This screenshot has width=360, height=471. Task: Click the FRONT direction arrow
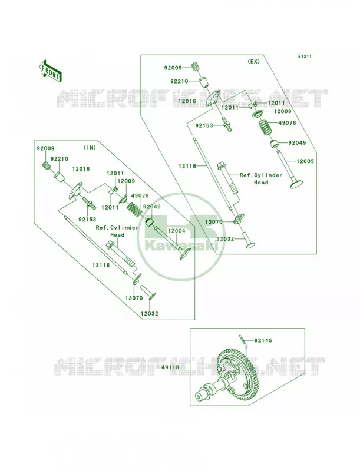point(50,71)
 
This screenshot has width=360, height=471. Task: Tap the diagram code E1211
point(305,56)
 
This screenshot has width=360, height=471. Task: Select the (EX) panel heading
point(253,62)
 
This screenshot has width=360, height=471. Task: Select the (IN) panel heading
point(89,147)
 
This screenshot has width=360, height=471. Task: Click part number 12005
point(305,161)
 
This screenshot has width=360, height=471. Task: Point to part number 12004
point(176,231)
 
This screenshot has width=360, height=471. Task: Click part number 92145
point(263,340)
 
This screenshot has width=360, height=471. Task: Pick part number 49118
point(170,367)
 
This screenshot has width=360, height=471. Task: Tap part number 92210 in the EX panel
point(179,81)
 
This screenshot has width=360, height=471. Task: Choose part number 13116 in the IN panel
point(101,266)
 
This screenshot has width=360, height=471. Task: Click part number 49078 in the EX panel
point(287,123)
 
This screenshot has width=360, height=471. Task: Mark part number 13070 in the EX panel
point(214,222)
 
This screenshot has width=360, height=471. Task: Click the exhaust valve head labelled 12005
point(296,183)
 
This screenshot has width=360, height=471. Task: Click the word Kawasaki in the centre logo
point(181,246)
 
